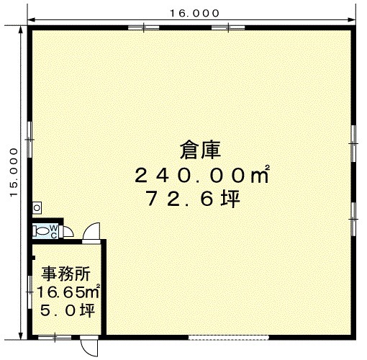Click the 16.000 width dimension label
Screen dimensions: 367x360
click(194, 13)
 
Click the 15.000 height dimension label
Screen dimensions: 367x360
click(14, 172)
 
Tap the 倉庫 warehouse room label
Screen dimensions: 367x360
click(200, 150)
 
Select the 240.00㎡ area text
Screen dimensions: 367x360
click(202, 175)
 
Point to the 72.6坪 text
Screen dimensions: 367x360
click(194, 198)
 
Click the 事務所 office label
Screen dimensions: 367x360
click(66, 274)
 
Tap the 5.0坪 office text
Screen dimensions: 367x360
click(68, 310)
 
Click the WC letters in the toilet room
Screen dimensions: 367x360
click(54, 231)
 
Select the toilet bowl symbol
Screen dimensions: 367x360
click(42, 231)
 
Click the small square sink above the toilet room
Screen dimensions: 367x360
click(37, 208)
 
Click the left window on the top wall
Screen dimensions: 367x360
click(144, 28)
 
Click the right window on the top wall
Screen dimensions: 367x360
click(228, 28)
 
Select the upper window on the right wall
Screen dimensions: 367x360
click(353, 143)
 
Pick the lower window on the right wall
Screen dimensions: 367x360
click(353, 219)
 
